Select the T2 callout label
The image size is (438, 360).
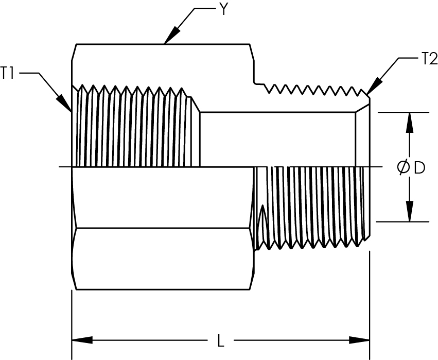430,59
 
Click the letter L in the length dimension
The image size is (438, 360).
221,341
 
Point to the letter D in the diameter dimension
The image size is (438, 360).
419,168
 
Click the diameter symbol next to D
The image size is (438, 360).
403,168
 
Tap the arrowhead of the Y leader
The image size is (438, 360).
171,35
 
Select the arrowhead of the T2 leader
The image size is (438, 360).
374,86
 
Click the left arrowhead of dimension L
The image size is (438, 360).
82,340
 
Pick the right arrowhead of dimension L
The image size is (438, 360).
359,340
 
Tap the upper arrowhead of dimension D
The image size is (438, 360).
410,123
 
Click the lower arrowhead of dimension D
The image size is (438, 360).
410,211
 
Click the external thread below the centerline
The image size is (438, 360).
311,207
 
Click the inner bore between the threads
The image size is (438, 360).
278,140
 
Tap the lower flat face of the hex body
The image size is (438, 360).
163,259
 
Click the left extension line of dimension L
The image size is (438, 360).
72,325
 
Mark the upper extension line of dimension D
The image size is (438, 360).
404,112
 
